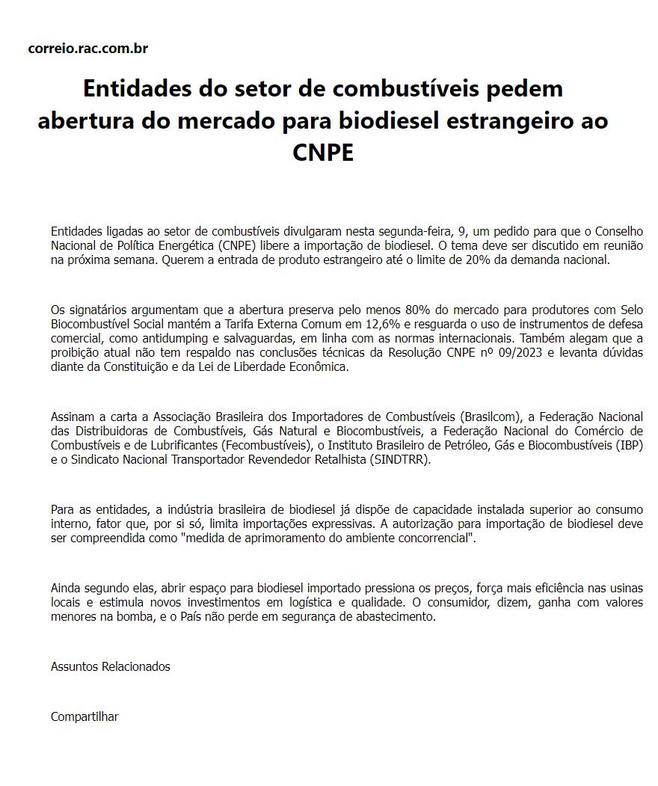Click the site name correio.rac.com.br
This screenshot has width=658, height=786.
(87, 49)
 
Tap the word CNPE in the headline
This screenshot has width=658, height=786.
(322, 153)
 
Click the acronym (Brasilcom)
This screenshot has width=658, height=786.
(488, 417)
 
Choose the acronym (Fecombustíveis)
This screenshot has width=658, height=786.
(265, 445)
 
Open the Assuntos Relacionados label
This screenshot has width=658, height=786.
(111, 666)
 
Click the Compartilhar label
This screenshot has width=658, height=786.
(84, 716)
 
